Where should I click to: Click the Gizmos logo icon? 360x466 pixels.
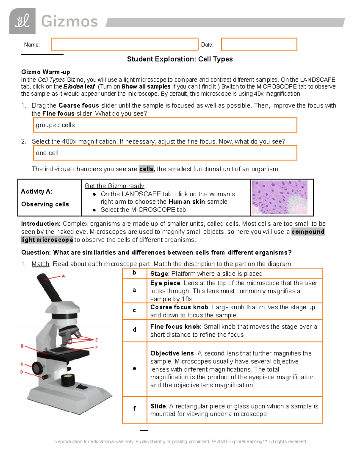click(x=22, y=21)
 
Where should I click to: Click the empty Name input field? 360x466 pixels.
click(x=124, y=45)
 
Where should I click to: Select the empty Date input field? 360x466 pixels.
click(x=259, y=45)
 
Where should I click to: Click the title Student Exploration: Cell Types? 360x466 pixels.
click(x=180, y=59)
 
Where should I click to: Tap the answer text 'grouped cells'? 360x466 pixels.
click(x=55, y=125)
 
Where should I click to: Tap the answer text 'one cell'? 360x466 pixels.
click(x=47, y=153)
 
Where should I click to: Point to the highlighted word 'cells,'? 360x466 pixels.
click(x=147, y=169)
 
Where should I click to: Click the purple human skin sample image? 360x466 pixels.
click(x=280, y=197)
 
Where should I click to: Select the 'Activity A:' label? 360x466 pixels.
click(x=37, y=191)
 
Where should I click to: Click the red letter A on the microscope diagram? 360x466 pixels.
click(x=63, y=276)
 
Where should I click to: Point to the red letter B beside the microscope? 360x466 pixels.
click(x=22, y=346)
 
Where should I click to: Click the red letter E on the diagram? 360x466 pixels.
click(x=96, y=340)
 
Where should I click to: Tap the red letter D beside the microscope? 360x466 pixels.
click(x=22, y=372)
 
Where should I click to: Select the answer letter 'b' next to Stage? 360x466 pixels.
click(x=134, y=272)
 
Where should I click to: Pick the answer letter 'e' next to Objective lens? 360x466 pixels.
click(x=134, y=368)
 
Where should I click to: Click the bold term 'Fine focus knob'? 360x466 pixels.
click(x=175, y=327)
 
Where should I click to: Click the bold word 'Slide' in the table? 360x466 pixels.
click(x=158, y=406)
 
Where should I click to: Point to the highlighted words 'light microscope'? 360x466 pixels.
click(x=47, y=240)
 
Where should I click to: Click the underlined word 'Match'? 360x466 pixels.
click(x=40, y=264)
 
